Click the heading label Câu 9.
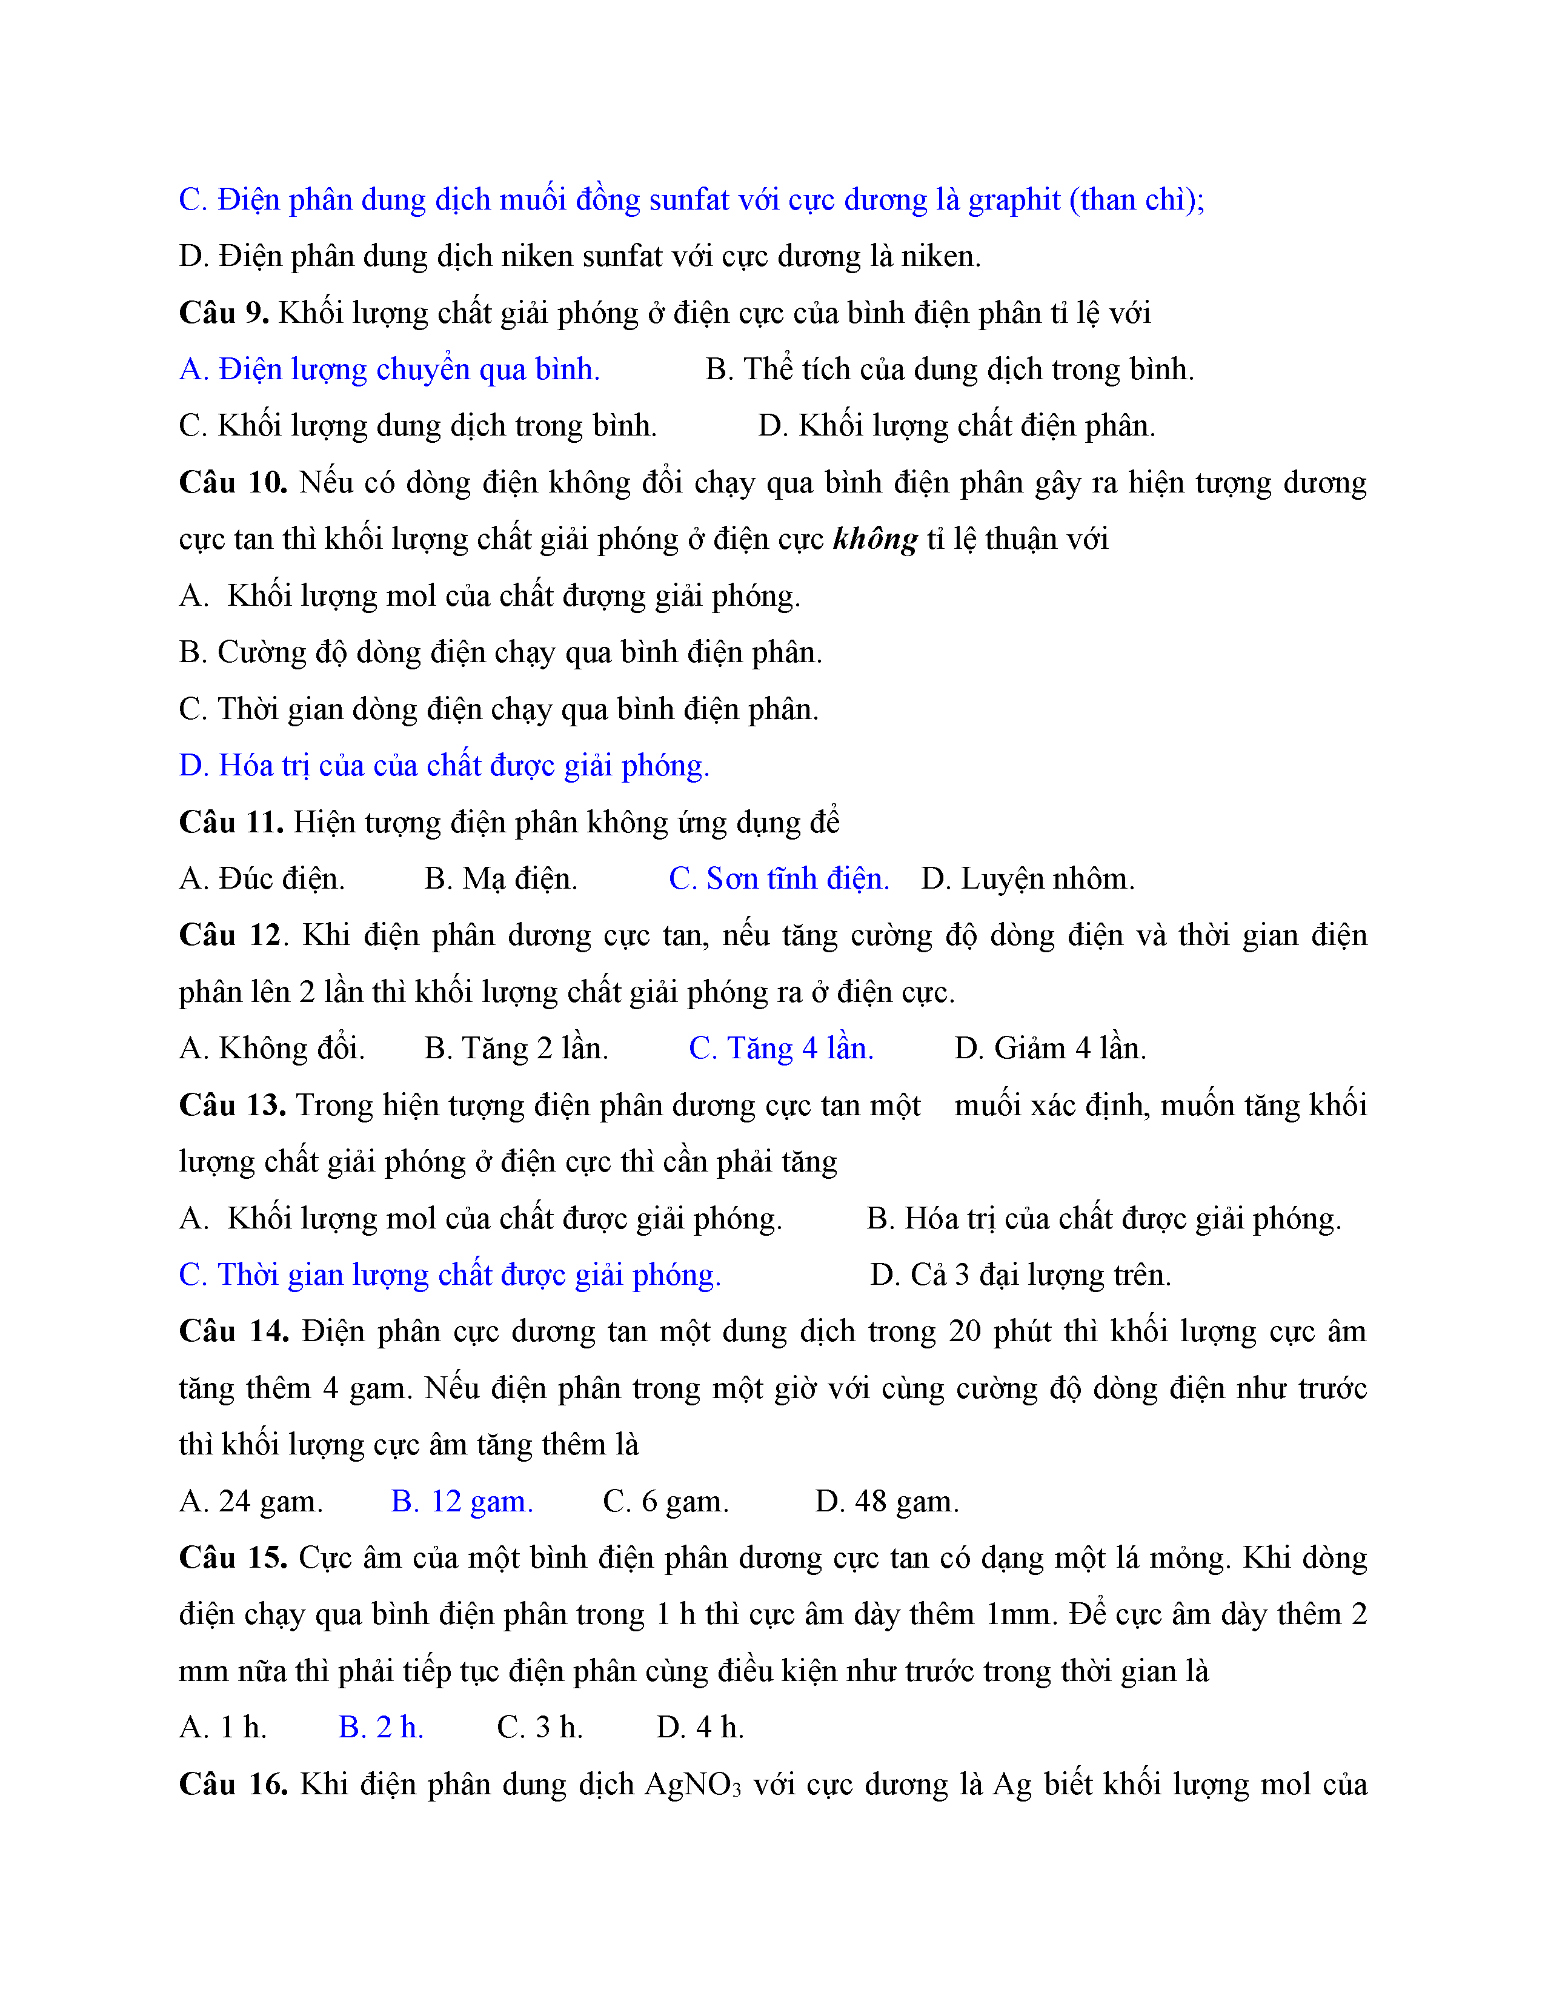(x=224, y=314)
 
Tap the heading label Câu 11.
(x=231, y=823)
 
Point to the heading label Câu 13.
(x=233, y=1106)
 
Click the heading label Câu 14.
(x=233, y=1331)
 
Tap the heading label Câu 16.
(x=233, y=1784)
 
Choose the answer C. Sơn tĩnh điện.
(x=779, y=880)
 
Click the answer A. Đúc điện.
(x=262, y=880)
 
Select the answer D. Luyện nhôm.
(x=1028, y=880)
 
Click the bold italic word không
(x=875, y=540)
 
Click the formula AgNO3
(x=693, y=1785)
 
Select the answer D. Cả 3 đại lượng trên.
(x=1020, y=1275)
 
